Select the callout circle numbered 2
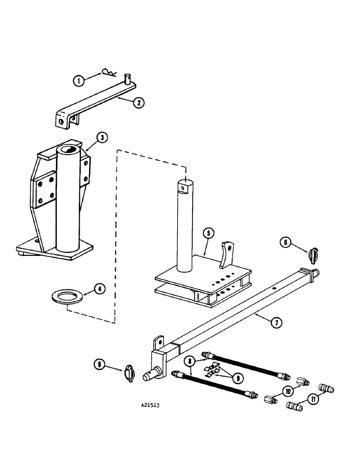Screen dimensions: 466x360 (x=138, y=103)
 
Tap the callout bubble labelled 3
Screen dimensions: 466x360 (x=102, y=137)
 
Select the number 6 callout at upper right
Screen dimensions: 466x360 (x=287, y=242)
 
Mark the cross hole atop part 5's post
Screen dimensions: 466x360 (x=184, y=188)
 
